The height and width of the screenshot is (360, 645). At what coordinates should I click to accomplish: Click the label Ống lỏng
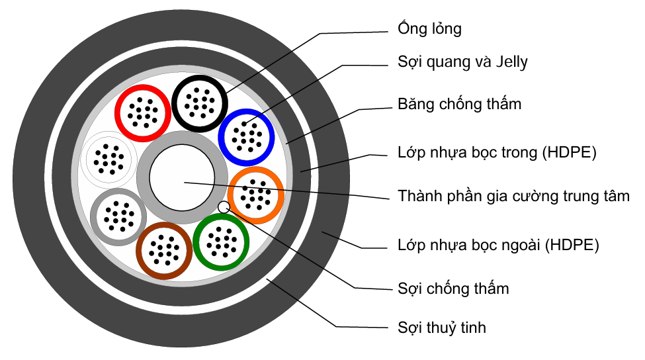click(x=429, y=29)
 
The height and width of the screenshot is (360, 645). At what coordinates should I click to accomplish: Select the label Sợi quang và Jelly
click(x=462, y=62)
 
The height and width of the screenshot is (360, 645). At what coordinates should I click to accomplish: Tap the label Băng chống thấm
click(x=459, y=104)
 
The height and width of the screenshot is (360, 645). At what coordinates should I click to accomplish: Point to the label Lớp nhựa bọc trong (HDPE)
click(x=497, y=154)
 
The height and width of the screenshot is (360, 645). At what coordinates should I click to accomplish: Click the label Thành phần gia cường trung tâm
click(x=513, y=196)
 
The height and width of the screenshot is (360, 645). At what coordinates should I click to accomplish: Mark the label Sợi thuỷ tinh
click(x=442, y=327)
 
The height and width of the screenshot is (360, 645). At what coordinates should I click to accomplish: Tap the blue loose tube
click(x=246, y=136)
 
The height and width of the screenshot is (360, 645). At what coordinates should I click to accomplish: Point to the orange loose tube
click(x=256, y=195)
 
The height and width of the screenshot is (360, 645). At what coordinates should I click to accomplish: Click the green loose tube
click(x=222, y=242)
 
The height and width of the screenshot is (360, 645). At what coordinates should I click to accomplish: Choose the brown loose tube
click(x=163, y=250)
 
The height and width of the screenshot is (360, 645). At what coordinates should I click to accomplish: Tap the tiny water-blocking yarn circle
click(x=224, y=206)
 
